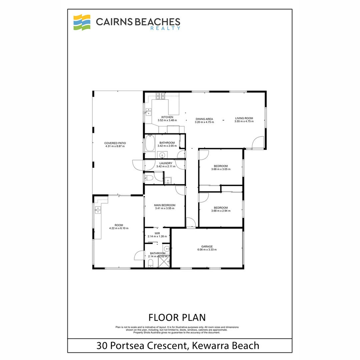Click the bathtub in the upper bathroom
click(x=150, y=145)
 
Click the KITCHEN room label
click(x=167, y=117)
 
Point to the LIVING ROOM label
click(x=244, y=118)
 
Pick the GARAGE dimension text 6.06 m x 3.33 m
click(x=207, y=250)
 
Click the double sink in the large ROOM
click(x=98, y=210)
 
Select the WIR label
click(x=157, y=233)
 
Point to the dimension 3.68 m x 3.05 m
click(x=221, y=169)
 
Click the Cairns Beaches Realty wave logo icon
click(x=82, y=22)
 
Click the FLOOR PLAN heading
click(x=177, y=317)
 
